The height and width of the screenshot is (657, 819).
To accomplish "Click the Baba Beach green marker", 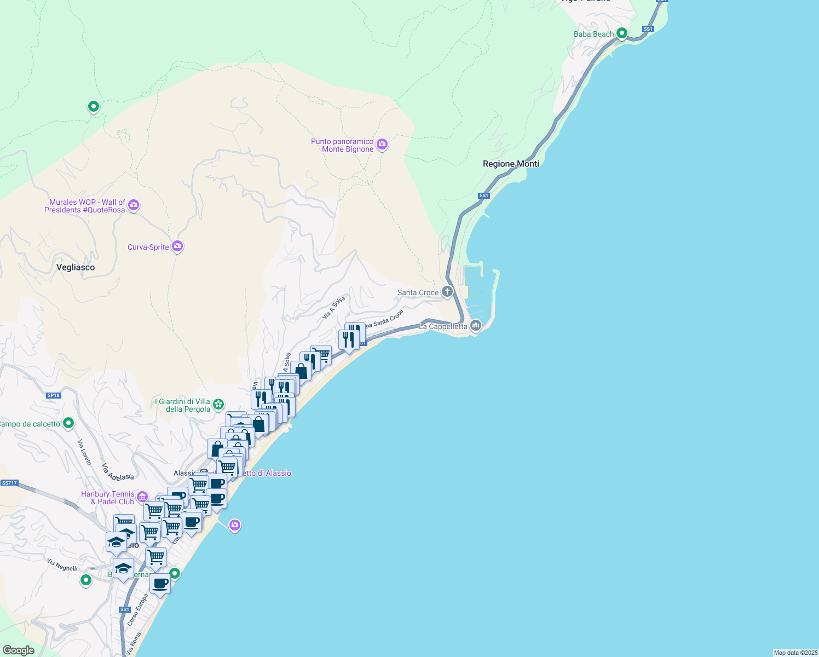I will tap(621, 33).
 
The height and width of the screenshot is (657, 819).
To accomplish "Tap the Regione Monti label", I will tap(511, 164).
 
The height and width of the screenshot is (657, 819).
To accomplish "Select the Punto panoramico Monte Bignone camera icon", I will tap(382, 145).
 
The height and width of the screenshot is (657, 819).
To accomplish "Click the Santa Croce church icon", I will tap(447, 291).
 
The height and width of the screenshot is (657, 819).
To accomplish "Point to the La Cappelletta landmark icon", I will tap(476, 326).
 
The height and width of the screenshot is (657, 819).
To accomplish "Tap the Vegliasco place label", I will tap(76, 267).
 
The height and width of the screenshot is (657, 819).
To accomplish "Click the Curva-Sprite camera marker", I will tap(177, 246).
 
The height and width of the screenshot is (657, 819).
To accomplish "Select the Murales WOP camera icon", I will tap(134, 205).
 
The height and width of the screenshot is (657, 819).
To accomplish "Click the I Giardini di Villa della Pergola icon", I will tap(218, 405).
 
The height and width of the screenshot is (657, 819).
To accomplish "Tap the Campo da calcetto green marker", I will tap(68, 423).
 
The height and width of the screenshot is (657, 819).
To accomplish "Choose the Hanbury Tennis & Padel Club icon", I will tap(142, 497).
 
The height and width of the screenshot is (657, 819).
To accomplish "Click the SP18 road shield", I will tap(53, 395).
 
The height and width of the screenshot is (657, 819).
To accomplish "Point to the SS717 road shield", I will tap(9, 483).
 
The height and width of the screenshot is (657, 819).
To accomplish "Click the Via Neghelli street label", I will tap(62, 565).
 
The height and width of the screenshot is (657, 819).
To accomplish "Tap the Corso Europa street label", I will tap(137, 609).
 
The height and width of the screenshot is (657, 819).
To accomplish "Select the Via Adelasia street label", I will tap(118, 471).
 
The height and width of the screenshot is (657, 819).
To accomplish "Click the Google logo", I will tap(19, 650).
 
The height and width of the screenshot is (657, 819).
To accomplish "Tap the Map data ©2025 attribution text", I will tap(795, 653).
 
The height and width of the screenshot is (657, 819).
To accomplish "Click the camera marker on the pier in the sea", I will tap(235, 526).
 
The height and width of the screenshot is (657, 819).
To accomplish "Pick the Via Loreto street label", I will tap(84, 452).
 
